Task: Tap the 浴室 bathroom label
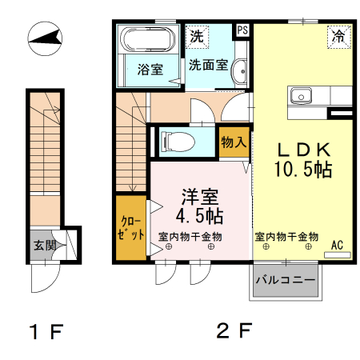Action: (x=150, y=69)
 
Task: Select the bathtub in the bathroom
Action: (x=146, y=40)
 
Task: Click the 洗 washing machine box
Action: (x=197, y=36)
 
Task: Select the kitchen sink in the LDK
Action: (x=302, y=94)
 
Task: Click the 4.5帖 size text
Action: (x=199, y=216)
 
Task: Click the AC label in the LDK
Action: (x=336, y=245)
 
